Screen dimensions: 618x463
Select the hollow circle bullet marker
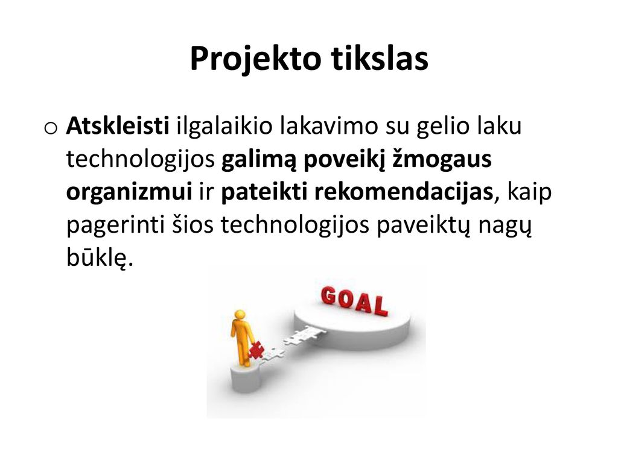point(51,128)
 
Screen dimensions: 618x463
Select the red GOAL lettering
point(354,301)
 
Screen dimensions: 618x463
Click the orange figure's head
point(240,315)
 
